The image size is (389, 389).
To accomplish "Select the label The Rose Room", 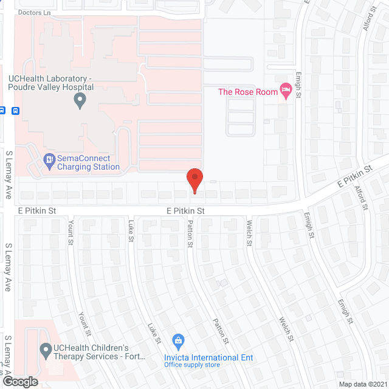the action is [248, 92].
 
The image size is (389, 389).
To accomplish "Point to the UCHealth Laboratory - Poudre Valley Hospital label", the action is [50, 83].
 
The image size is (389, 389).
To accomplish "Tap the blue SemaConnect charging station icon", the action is [49, 160].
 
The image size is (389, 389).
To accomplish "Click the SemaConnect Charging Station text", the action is [88, 163].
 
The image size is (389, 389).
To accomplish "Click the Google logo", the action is [19, 381].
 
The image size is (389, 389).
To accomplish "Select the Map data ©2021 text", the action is [362, 384].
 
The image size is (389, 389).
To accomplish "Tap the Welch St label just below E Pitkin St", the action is [249, 233].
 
